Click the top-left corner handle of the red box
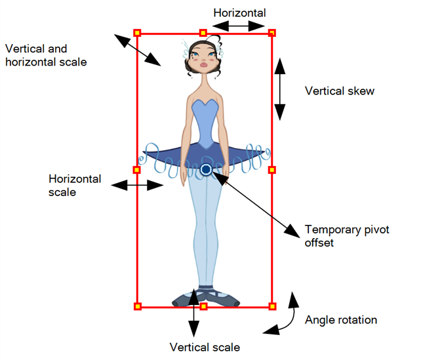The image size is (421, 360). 137,32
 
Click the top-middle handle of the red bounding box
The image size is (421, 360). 203,32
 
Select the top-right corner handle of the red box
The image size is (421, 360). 273,32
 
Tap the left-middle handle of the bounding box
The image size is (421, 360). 137,170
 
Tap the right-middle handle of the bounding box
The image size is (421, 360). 273,170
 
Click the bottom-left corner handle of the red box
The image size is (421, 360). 137,306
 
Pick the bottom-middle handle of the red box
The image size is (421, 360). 203,306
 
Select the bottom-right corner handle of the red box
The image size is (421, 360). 273,306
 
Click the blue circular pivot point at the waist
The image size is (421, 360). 206,170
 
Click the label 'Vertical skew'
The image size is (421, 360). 340,91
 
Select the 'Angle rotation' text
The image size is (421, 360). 341,320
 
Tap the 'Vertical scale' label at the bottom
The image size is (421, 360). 205,347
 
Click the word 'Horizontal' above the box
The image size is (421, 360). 241,12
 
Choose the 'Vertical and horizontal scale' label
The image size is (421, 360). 45,55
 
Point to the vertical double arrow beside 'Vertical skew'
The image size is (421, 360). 280,89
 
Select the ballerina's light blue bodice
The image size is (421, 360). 205,121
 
